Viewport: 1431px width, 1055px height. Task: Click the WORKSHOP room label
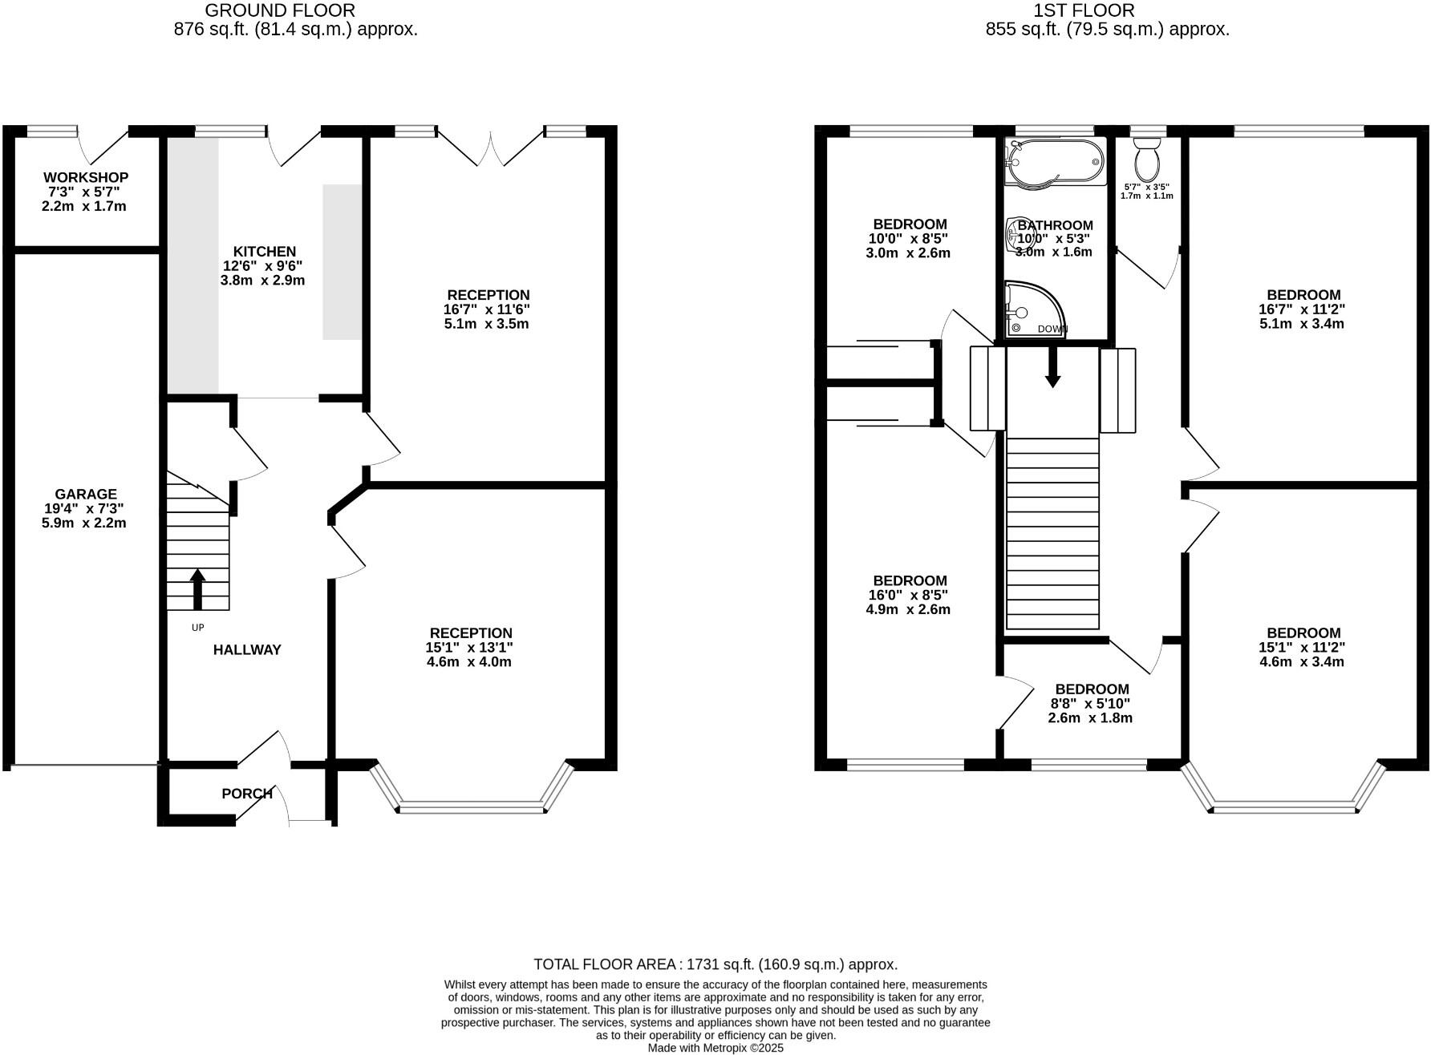click(x=86, y=177)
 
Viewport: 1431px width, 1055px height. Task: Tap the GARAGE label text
click(x=86, y=495)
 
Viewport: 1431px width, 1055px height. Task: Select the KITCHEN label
click(x=264, y=252)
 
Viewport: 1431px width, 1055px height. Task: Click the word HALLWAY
click(x=247, y=650)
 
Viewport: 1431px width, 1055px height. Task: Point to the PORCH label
click(x=247, y=794)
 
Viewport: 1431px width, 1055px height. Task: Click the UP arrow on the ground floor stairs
click(x=197, y=589)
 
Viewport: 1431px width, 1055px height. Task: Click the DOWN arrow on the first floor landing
click(x=1052, y=370)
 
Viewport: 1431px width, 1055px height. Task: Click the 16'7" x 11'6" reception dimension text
click(x=488, y=309)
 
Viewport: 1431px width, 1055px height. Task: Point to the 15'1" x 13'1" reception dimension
click(x=470, y=648)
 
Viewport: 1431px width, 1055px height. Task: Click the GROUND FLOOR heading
click(x=280, y=10)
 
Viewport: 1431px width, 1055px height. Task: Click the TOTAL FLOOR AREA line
click(x=715, y=964)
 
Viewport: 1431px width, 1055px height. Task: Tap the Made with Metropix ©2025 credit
click(x=715, y=1048)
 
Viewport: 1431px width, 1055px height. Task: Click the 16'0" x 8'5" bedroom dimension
click(x=910, y=596)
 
